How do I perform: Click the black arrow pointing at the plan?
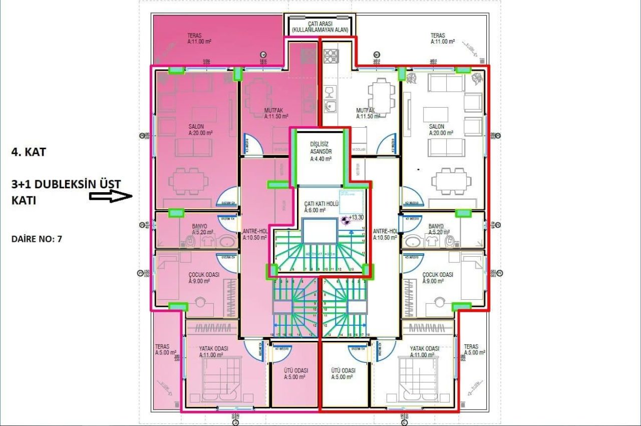(x=111, y=196)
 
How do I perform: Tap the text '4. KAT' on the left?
(x=29, y=152)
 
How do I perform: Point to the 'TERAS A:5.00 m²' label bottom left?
(x=162, y=349)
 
